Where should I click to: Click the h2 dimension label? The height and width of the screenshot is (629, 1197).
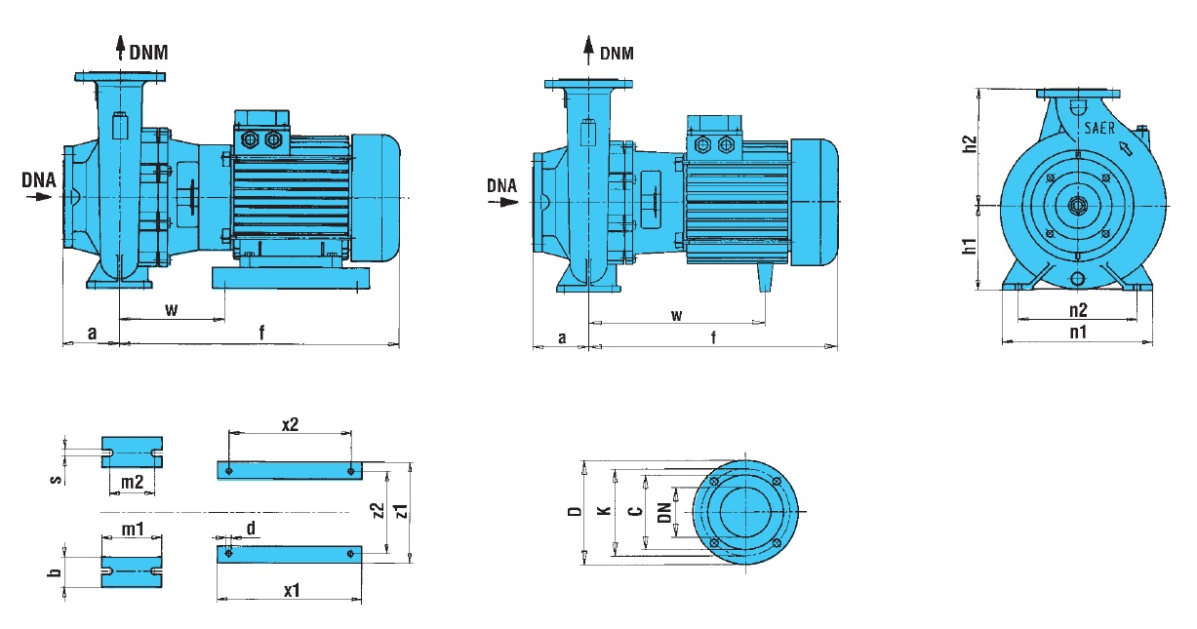coord(970,146)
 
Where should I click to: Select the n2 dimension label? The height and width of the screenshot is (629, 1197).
coord(1077,310)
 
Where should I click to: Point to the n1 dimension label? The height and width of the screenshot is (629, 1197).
coord(1077,333)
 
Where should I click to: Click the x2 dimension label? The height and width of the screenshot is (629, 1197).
coord(289,424)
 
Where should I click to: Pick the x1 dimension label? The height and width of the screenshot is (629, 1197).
coord(290,591)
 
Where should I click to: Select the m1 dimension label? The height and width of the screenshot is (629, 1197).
coord(133,528)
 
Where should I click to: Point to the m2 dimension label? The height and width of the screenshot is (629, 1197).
coord(133,482)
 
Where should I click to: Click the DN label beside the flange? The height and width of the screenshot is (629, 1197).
coord(664,511)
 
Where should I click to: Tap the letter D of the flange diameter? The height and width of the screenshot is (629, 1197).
coord(576,511)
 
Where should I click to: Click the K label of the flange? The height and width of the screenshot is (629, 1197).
coord(605,511)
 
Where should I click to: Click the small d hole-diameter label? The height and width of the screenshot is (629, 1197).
coord(252,529)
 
